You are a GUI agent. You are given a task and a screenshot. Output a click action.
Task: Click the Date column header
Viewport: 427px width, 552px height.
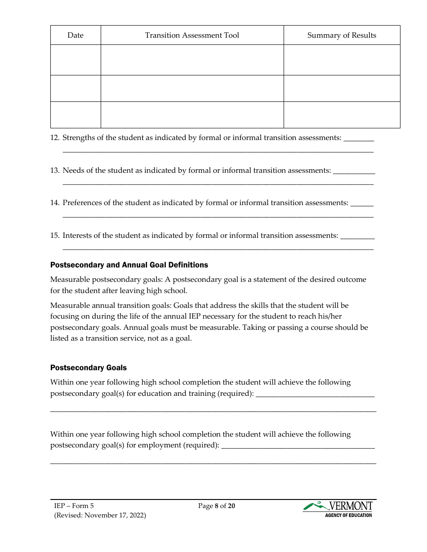pyautogui.click(x=76, y=35)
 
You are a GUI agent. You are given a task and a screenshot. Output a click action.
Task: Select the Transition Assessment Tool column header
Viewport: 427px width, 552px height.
pyautogui.click(x=192, y=35)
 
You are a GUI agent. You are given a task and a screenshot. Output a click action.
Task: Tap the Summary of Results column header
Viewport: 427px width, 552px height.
pyautogui.click(x=342, y=35)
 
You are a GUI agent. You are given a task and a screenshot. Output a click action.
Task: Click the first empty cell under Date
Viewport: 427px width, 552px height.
pyautogui.click(x=76, y=60)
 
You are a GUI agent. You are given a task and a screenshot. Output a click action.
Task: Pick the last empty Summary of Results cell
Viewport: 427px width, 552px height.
pyautogui.click(x=342, y=115)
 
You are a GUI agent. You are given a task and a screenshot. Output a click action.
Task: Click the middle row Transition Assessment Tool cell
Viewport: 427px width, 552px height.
pyautogui.click(x=192, y=88)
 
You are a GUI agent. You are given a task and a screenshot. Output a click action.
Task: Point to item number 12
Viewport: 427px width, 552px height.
pyautogui.click(x=54, y=138)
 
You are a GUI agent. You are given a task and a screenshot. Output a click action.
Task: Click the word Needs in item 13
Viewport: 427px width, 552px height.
pyautogui.click(x=73, y=171)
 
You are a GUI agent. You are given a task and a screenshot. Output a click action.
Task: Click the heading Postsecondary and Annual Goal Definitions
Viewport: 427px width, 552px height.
pyautogui.click(x=129, y=265)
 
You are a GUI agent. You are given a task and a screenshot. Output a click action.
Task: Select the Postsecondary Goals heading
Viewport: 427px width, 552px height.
pyautogui.click(x=89, y=368)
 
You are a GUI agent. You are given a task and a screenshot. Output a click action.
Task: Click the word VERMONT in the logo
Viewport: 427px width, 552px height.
pyautogui.click(x=351, y=506)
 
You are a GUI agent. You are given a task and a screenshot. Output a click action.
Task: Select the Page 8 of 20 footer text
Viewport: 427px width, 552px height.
pyautogui.click(x=217, y=506)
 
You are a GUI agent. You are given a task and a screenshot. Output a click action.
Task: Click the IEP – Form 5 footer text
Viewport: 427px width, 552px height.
pyautogui.click(x=74, y=506)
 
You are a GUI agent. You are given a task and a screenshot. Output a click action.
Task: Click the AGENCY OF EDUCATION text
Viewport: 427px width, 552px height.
pyautogui.click(x=348, y=515)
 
